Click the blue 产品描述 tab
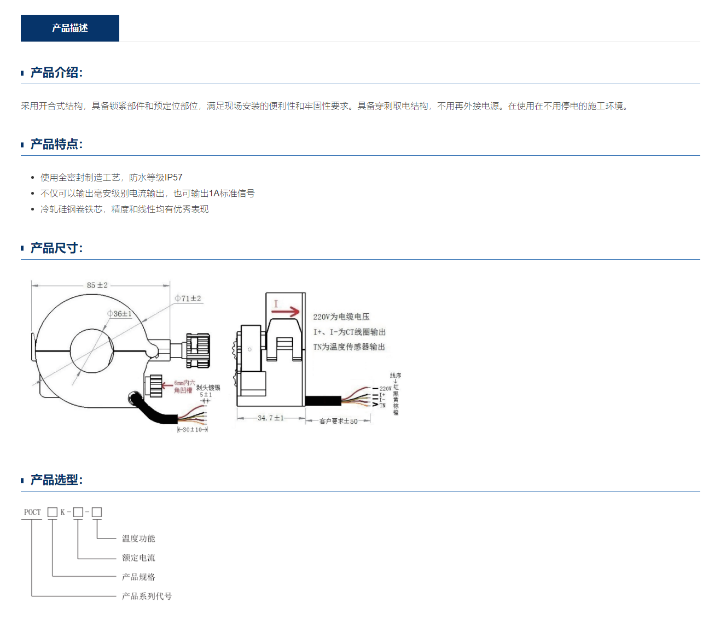(70, 28)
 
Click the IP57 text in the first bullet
(173, 178)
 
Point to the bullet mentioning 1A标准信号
(148, 194)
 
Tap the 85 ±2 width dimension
(97, 285)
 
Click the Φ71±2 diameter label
(188, 299)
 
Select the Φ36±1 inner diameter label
(120, 314)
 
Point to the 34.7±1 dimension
(271, 418)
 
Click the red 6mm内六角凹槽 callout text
(184, 387)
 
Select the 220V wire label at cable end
(385, 389)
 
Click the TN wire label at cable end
(382, 406)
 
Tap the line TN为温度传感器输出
(349, 347)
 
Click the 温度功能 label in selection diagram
(138, 539)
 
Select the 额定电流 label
(138, 558)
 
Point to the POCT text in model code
(32, 512)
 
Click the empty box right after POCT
(53, 512)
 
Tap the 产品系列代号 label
(147, 596)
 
